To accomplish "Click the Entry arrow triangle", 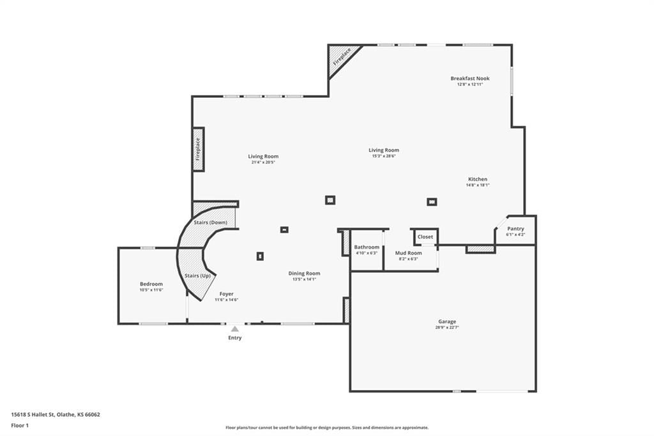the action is pos(235,329).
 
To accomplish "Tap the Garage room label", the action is pos(446,322).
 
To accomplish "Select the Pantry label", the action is pos(515,229).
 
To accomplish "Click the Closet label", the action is pos(425,237).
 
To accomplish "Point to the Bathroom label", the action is pos(367,247).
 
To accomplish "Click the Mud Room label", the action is pos(408,253).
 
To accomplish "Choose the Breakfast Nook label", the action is pos(470,78).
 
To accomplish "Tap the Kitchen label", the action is pos(478,179).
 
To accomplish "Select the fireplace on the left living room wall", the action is pos(198,149).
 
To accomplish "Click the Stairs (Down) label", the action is pos(210,222).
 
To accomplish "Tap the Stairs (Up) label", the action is pos(197,276).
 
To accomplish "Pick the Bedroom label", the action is pos(151,284).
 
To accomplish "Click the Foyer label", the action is pos(227,294).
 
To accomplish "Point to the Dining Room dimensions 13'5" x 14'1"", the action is pos(304,279).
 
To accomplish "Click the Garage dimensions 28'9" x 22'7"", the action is pos(446,327).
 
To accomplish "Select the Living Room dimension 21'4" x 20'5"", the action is pos(263,162).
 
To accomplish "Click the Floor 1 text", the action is pos(20,426).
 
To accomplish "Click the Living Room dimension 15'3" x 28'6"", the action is pos(384,156).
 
